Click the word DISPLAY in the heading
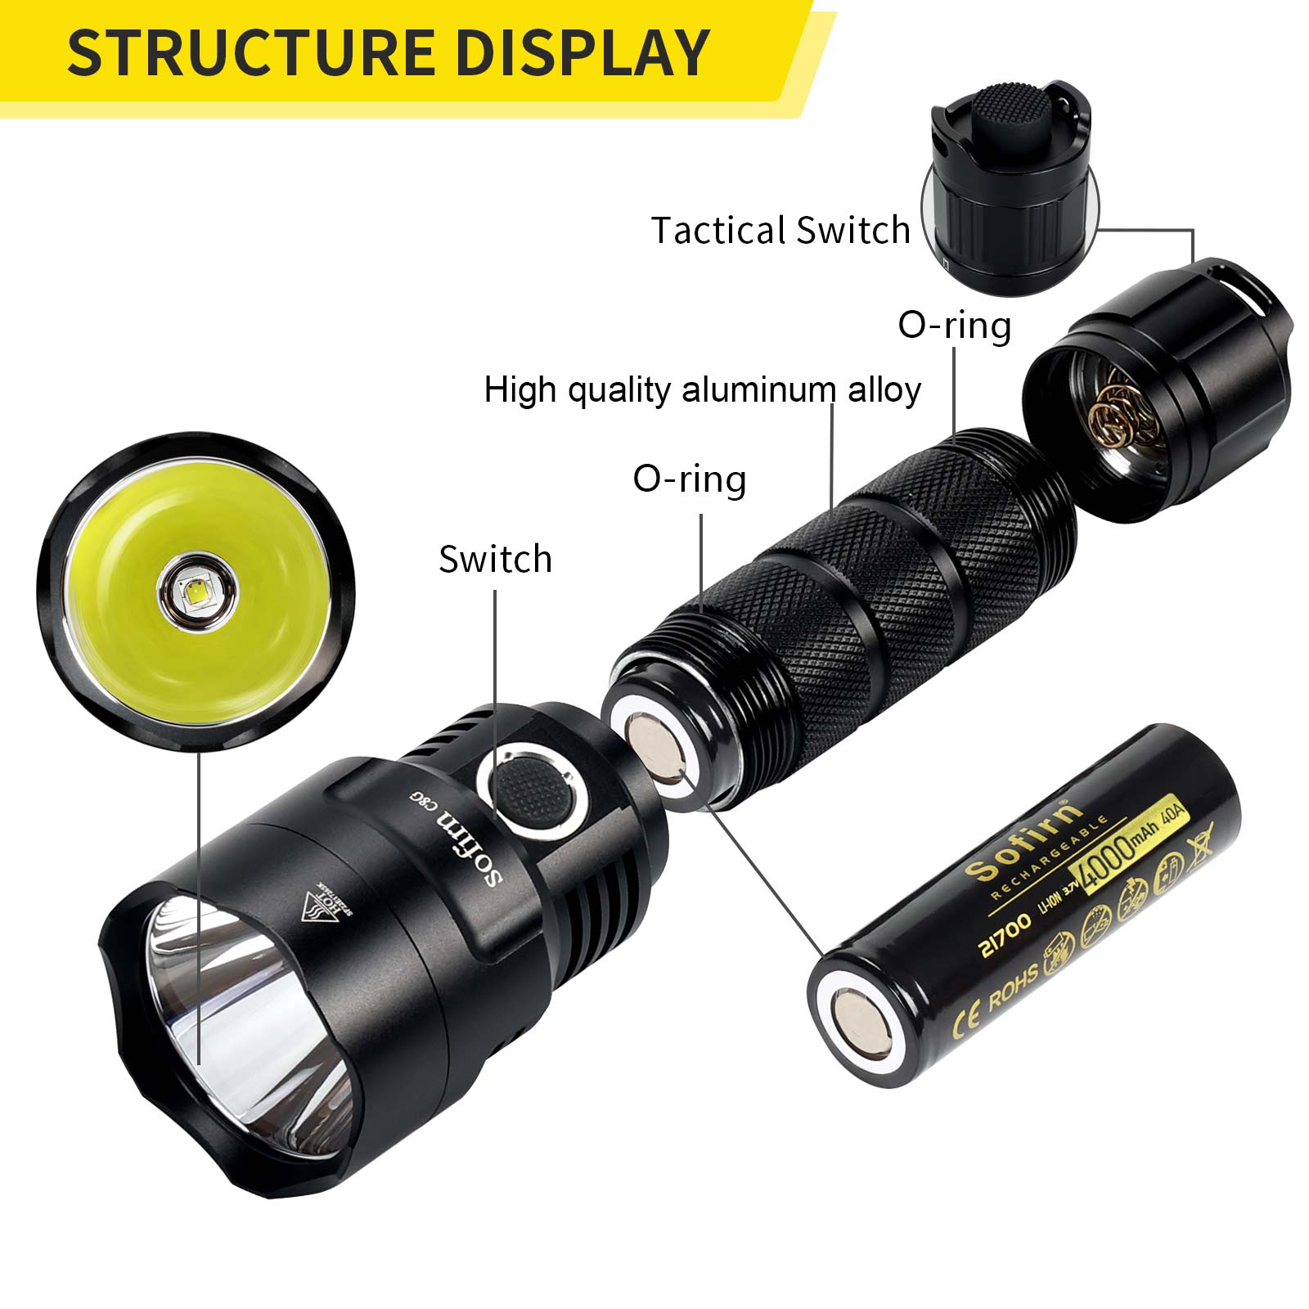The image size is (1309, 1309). (x=582, y=53)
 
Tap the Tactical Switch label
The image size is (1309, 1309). (x=780, y=231)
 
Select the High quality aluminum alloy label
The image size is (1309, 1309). (x=702, y=389)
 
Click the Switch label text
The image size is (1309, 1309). (x=495, y=560)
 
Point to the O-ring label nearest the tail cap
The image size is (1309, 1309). (x=954, y=326)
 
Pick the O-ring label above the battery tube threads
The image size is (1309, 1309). (x=689, y=479)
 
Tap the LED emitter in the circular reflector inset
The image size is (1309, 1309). (x=199, y=592)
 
